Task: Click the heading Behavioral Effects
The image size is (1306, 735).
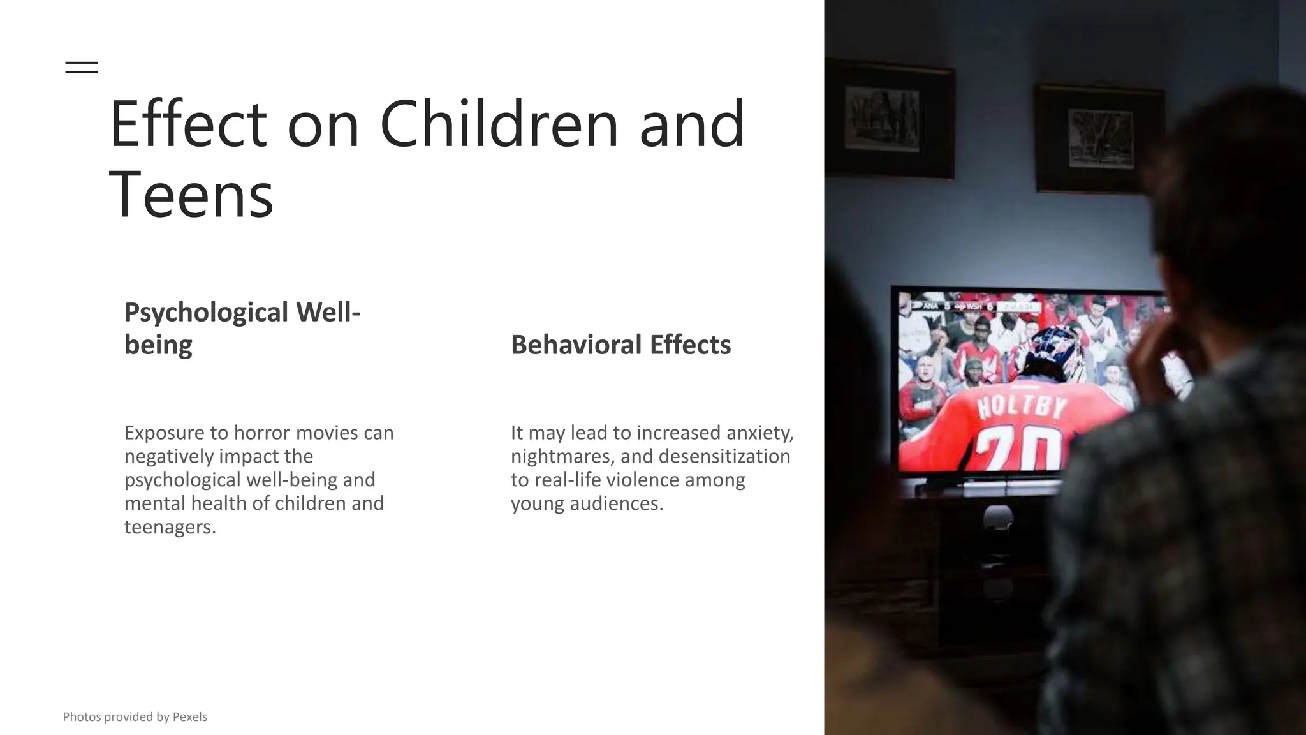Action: pos(620,345)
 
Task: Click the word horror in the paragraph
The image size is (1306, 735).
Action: pos(261,433)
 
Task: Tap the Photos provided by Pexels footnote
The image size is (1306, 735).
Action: pos(135,717)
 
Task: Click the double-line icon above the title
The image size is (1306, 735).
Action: pos(82,67)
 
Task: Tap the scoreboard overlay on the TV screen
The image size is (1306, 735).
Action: pos(976,307)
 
